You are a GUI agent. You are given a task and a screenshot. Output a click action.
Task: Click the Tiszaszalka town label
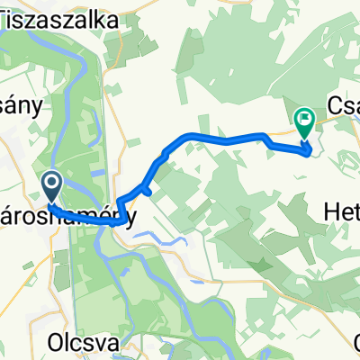point(62,21)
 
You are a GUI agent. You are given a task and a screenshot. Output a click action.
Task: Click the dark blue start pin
point(51,187)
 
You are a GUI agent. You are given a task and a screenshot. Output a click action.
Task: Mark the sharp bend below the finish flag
point(311,150)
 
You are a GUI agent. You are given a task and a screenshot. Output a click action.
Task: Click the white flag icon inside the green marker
point(304,117)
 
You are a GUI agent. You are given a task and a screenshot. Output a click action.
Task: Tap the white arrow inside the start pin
point(51,184)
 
